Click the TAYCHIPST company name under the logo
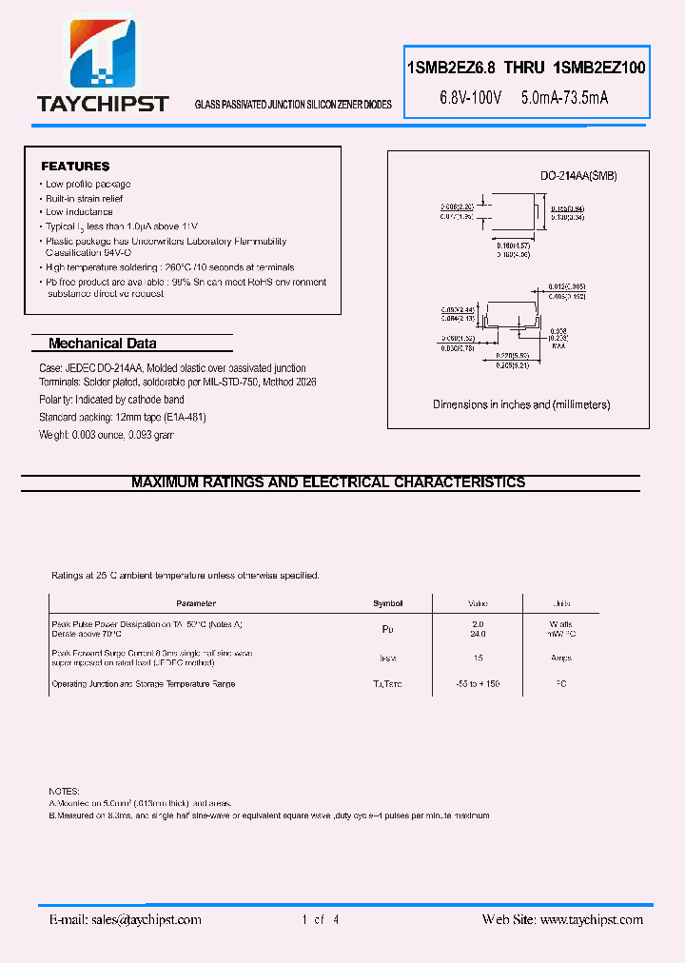pyautogui.click(x=102, y=104)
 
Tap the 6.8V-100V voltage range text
pyautogui.click(x=469, y=97)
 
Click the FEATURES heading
pyautogui.click(x=75, y=166)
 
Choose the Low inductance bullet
pyautogui.click(x=79, y=212)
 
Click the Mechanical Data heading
pyautogui.click(x=102, y=344)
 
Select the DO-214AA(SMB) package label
pyautogui.click(x=578, y=176)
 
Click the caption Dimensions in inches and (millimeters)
pyautogui.click(x=521, y=404)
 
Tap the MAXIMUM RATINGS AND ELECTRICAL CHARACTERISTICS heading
pyautogui.click(x=328, y=482)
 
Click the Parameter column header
pyautogui.click(x=196, y=603)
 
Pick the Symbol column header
pyautogui.click(x=387, y=603)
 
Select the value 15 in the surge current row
pyautogui.click(x=478, y=658)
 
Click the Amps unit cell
pyautogui.click(x=561, y=658)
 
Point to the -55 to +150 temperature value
pyautogui.click(x=478, y=684)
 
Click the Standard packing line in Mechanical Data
pyautogui.click(x=123, y=417)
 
